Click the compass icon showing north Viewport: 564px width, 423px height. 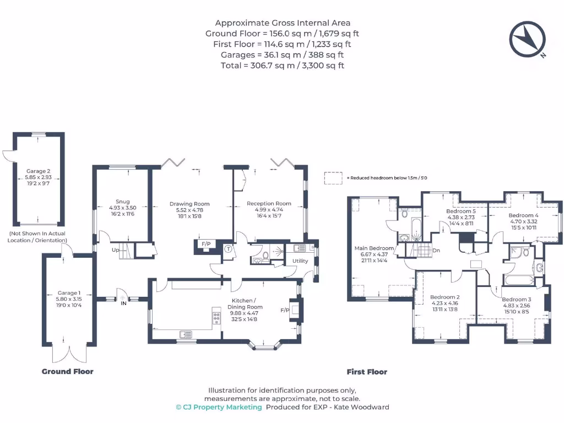[527, 39]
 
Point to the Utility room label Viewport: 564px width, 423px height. [300, 261]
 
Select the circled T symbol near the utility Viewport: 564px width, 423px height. [228, 248]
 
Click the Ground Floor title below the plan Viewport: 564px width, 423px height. [68, 372]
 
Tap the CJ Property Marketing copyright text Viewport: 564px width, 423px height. [219, 407]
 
